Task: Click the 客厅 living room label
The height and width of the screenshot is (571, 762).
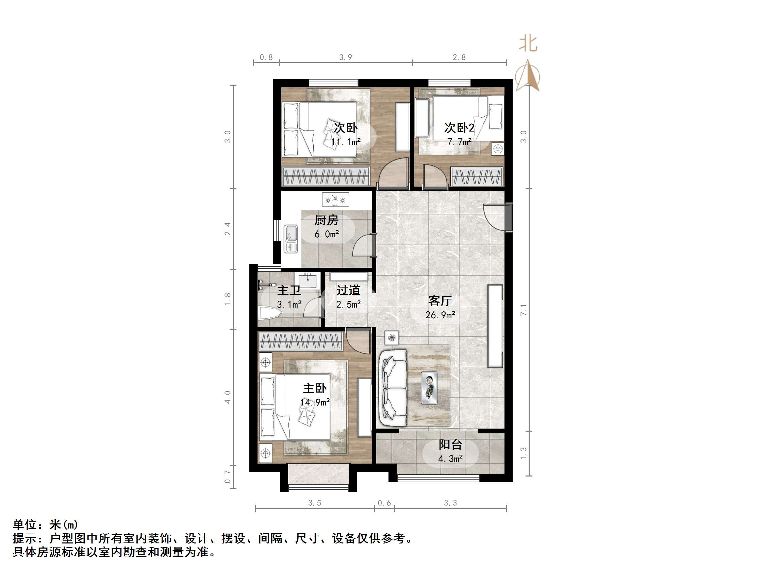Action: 440,300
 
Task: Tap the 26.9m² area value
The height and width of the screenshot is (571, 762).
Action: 440,315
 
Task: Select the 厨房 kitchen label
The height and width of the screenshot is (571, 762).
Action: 326,220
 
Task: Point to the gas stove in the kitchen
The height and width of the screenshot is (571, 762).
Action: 335,199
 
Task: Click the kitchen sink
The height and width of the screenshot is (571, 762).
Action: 291,239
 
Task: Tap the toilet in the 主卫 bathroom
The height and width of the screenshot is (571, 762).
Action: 269,313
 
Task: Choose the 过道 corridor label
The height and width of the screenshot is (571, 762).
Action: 348,290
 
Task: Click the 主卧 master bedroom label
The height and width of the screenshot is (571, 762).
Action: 315,388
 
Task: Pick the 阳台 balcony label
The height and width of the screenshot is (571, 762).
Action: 450,444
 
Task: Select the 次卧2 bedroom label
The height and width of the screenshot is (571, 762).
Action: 459,128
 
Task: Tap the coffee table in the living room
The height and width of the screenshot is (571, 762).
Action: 429,387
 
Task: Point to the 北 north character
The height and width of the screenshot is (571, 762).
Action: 528,45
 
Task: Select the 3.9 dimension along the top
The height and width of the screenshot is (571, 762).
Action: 346,57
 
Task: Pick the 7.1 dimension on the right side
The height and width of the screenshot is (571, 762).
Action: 523,310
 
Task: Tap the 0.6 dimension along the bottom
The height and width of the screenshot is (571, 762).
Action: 384,503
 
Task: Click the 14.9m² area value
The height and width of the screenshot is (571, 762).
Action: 315,402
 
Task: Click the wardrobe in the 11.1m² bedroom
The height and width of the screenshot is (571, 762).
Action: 326,176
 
